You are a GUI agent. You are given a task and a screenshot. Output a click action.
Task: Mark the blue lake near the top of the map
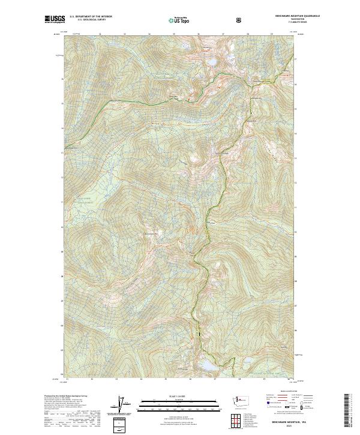212,62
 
